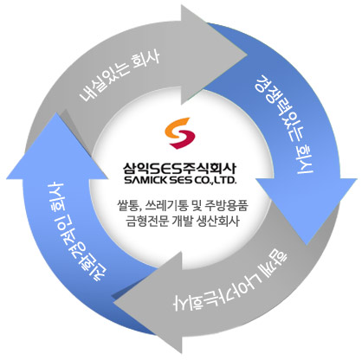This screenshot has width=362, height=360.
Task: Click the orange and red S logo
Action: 180,133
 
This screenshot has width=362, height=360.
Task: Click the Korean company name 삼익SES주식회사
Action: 180,169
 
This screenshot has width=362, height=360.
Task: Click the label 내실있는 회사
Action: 120,76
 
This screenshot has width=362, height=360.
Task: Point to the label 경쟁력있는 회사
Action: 283,124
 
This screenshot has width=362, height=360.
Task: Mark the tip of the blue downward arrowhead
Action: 307,246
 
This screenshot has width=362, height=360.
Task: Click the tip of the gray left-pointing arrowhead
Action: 113,302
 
